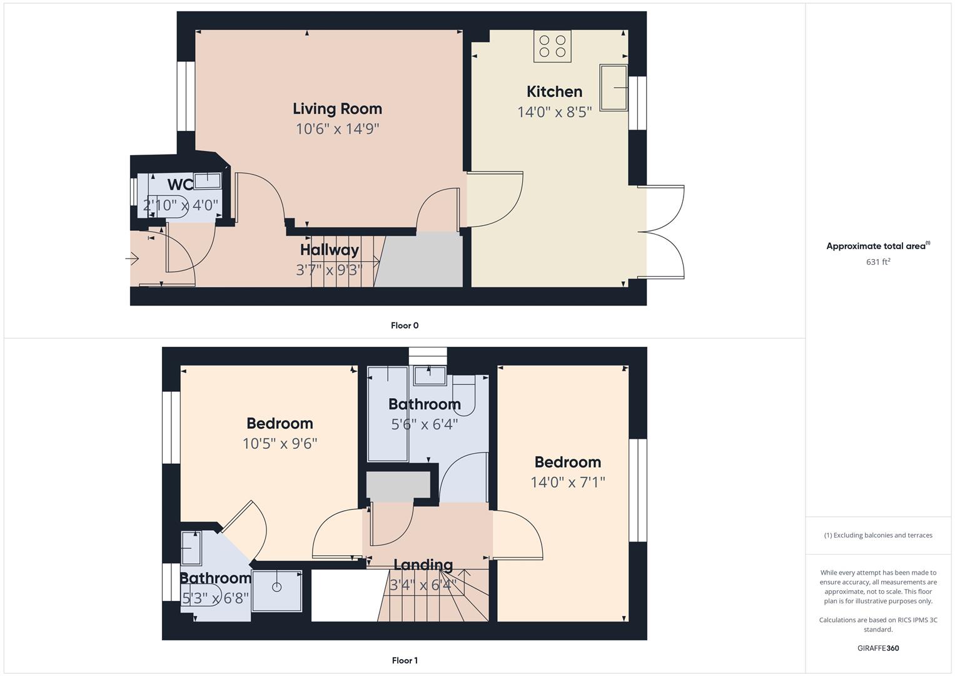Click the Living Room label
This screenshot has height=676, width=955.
click(337, 109)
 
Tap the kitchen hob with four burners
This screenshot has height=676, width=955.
click(552, 46)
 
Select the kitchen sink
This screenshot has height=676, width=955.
click(614, 87)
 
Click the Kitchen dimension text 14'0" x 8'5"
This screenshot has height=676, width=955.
click(554, 112)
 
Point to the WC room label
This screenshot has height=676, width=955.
click(180, 185)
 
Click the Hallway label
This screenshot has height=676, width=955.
click(330, 250)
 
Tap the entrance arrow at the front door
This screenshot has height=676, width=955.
click(133, 258)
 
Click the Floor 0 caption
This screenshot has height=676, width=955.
click(405, 325)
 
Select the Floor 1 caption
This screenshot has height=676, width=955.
click(405, 660)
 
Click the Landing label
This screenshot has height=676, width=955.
click(423, 565)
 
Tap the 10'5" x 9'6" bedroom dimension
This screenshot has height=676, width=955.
click(280, 444)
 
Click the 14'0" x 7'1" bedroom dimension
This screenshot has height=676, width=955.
click(568, 482)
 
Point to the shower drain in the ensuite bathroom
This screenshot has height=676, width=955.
click(276, 587)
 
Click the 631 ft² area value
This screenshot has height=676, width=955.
click(878, 262)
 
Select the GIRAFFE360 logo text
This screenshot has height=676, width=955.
click(878, 648)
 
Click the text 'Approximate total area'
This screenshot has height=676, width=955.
click(876, 247)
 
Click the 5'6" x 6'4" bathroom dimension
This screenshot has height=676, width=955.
click(425, 424)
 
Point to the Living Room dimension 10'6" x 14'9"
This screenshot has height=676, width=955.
click(338, 129)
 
